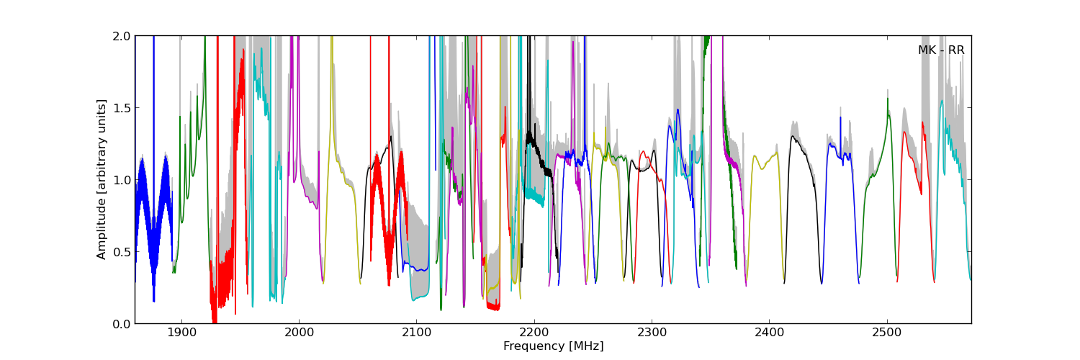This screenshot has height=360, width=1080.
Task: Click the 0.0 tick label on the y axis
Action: click(x=122, y=323)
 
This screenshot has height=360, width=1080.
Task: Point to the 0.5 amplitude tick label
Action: click(x=122, y=251)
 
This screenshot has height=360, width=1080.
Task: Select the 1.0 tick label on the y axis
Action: click(x=122, y=179)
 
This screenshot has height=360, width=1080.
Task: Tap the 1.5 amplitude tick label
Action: click(x=122, y=108)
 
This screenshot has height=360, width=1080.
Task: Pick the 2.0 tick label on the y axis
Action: click(x=122, y=36)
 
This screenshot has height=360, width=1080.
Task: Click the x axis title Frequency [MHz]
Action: click(x=553, y=346)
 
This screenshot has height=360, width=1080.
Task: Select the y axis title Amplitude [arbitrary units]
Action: click(x=102, y=179)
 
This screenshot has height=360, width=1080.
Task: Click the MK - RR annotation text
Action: click(x=941, y=50)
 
